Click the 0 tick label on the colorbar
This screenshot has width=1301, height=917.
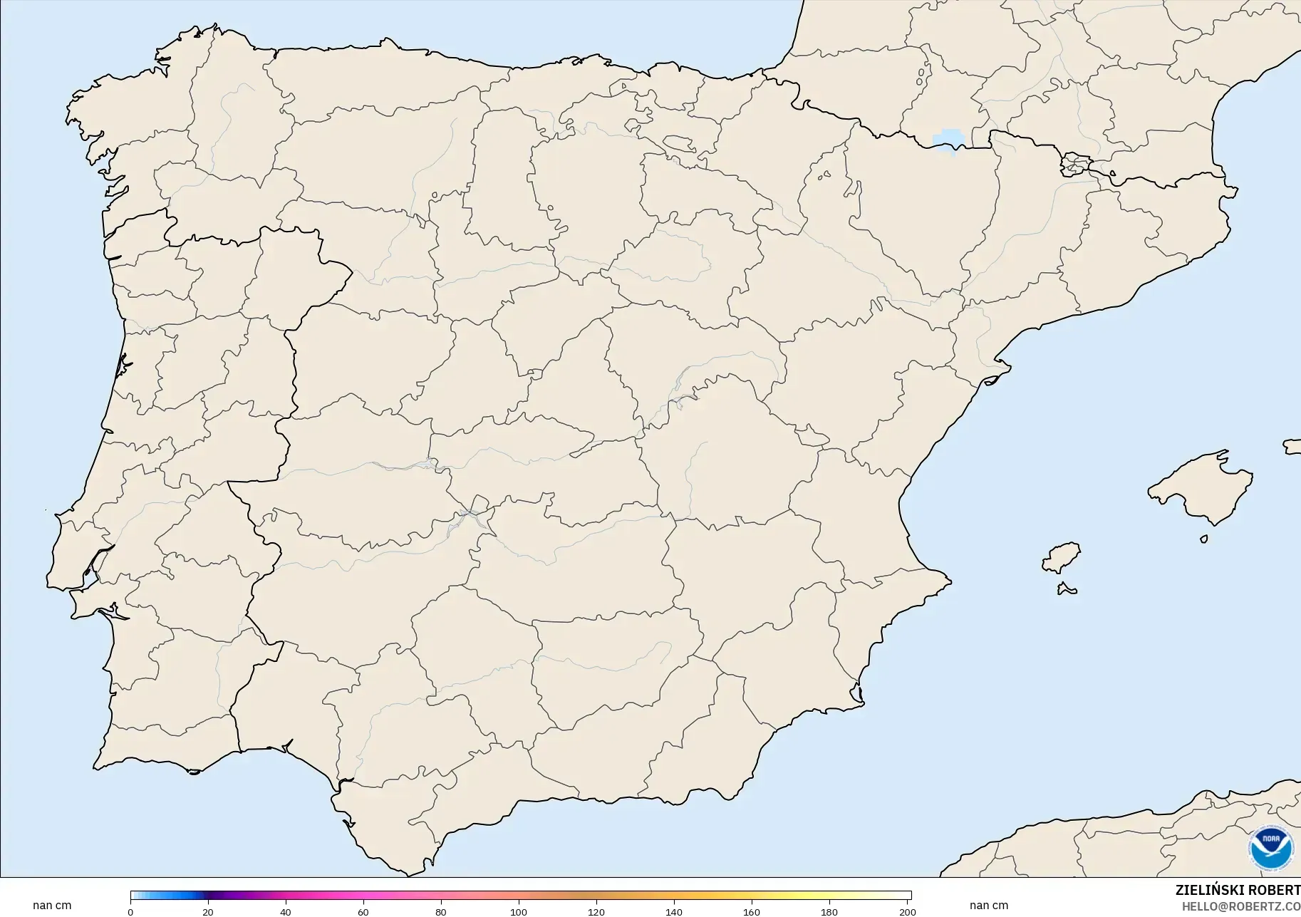tap(130, 912)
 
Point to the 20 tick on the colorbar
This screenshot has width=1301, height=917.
tap(208, 912)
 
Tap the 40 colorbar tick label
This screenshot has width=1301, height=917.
tap(286, 912)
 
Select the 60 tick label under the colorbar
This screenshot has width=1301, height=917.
tap(363, 912)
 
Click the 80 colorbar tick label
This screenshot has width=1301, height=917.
tap(441, 912)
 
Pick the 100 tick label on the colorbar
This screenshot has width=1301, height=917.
tap(519, 912)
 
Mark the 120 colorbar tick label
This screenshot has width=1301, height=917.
tap(596, 912)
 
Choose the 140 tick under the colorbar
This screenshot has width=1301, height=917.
tap(674, 912)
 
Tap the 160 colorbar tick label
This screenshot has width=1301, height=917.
tap(752, 912)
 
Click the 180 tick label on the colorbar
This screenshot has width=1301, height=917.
tap(829, 912)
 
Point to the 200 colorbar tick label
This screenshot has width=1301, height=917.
tap(907, 912)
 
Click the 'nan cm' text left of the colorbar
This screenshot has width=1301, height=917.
tap(52, 906)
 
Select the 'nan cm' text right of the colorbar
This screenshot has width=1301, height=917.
tap(989, 906)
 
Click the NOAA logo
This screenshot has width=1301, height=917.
tap(1271, 847)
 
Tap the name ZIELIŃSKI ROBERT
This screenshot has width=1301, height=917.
tap(1238, 891)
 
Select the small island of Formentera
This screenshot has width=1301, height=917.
tap(1067, 589)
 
